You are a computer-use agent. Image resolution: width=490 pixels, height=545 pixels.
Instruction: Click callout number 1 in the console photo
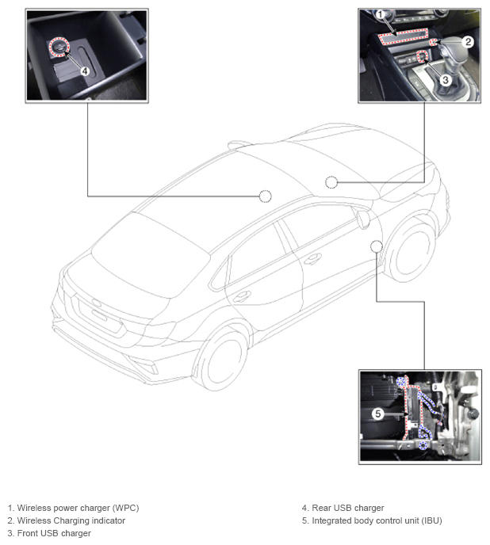(x=380, y=14)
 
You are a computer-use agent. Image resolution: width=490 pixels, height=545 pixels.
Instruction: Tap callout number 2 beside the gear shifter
(x=468, y=42)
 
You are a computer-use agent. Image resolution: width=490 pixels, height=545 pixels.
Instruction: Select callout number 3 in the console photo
(x=445, y=80)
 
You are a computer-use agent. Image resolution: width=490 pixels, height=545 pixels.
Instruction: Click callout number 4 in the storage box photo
(x=85, y=71)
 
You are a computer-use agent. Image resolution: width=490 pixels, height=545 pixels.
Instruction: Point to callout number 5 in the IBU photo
(x=378, y=414)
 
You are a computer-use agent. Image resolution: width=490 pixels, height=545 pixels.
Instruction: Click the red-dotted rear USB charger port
(x=59, y=47)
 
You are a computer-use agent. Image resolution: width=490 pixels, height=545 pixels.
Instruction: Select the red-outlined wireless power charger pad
(x=404, y=36)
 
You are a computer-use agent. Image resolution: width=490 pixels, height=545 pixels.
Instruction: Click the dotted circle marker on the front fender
(x=376, y=246)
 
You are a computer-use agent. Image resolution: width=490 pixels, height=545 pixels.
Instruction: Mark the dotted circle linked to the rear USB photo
(x=265, y=196)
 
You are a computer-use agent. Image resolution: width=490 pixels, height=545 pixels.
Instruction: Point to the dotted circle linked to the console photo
(x=331, y=182)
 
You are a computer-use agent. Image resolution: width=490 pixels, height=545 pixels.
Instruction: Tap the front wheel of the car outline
(x=413, y=251)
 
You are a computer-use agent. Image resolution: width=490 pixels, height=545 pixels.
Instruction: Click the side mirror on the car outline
(x=363, y=219)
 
